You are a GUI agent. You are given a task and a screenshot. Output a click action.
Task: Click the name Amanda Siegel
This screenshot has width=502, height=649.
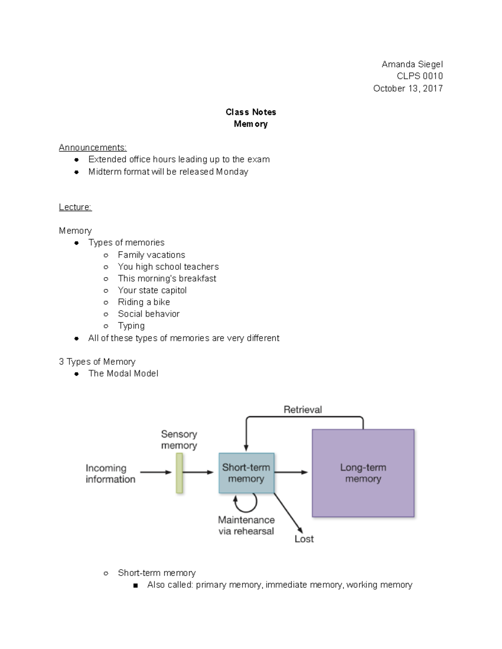412,64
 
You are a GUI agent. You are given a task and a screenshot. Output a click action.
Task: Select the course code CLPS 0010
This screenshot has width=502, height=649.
419,76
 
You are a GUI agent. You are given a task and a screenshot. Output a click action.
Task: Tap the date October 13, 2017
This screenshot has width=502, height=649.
407,88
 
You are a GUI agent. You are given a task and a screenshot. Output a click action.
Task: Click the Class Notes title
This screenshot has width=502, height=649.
251,112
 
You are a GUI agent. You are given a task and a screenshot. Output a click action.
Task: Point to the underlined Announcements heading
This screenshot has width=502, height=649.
92,148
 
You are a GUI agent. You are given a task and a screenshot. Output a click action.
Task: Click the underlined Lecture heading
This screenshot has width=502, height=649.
75,207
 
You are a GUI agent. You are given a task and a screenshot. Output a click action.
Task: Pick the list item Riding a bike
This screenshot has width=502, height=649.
143,302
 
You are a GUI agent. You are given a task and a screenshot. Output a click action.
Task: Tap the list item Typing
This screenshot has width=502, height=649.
131,326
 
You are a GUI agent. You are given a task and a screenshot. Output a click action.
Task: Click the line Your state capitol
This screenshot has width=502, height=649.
152,290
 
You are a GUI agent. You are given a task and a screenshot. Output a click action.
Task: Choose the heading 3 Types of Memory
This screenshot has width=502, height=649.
97,362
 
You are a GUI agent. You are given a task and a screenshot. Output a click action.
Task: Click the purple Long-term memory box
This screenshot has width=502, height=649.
363,473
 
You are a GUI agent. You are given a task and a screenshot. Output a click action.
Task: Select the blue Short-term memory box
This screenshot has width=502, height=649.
246,473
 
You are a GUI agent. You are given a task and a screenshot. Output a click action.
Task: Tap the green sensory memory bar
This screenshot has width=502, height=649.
179,473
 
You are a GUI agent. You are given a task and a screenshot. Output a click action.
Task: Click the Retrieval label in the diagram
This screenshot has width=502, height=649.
302,410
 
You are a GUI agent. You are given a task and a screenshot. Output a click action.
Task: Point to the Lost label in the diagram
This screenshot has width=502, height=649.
304,539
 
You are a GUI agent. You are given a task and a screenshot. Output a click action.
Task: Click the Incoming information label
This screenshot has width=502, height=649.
110,473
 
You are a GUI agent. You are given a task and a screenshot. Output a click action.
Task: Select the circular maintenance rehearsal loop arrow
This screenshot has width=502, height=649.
246,503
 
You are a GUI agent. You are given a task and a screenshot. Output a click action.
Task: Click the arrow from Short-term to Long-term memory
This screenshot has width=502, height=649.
291,473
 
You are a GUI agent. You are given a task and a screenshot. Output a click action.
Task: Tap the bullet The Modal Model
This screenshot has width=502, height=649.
123,374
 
